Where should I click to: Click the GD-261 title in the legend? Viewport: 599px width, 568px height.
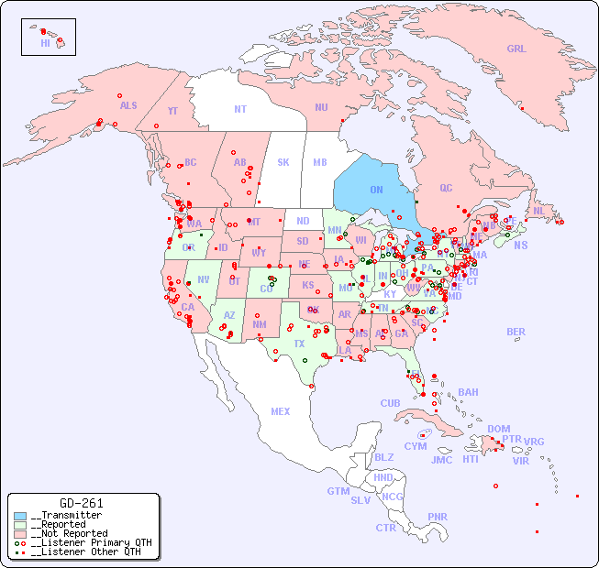[81, 503]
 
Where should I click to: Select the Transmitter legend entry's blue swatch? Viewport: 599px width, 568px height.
[20, 516]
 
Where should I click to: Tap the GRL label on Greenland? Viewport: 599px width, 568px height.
[516, 49]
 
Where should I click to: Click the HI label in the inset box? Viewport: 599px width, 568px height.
[45, 43]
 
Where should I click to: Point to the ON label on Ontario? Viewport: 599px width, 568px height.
[376, 190]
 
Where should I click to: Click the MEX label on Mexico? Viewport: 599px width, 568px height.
[281, 411]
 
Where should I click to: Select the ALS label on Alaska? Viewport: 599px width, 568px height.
[128, 105]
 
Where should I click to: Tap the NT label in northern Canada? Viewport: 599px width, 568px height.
[239, 109]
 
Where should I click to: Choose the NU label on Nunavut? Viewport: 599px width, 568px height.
[321, 107]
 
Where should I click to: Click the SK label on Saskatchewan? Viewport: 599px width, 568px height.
[283, 162]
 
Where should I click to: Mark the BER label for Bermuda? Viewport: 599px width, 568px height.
[516, 332]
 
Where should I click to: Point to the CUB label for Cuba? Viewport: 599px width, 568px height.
[390, 403]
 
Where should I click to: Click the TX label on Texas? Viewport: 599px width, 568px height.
[299, 344]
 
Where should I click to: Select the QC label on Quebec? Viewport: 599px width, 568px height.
[446, 188]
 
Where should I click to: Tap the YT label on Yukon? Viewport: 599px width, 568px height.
[172, 111]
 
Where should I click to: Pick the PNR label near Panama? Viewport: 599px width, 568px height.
[438, 517]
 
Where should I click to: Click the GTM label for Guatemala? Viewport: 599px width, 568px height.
[338, 491]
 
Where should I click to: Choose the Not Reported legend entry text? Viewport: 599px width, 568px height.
[69, 533]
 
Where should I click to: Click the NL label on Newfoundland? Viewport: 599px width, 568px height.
[538, 211]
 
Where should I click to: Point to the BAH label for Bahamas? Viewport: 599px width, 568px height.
[468, 392]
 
